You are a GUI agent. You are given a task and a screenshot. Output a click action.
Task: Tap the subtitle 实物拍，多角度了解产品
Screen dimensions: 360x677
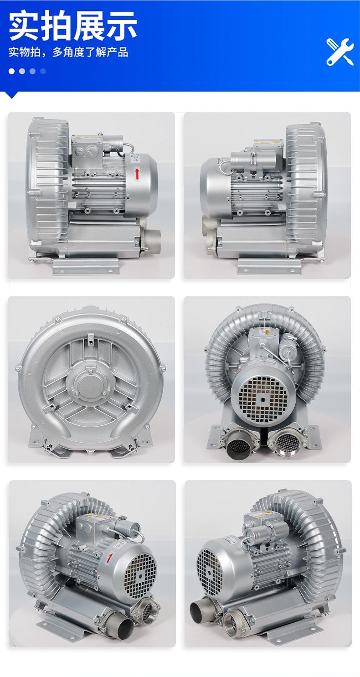pos(68,52)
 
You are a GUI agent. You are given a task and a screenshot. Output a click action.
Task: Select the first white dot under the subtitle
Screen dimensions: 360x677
pos(12,71)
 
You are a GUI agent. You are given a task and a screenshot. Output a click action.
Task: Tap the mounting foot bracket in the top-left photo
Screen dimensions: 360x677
pos(87,266)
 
